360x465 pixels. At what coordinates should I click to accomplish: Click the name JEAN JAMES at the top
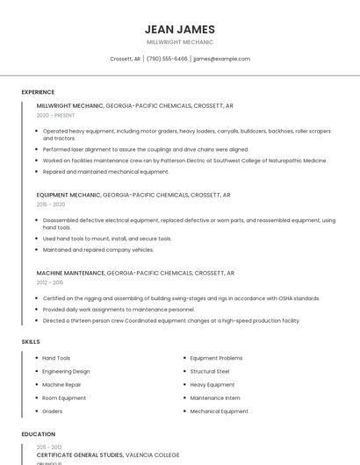click(x=180, y=29)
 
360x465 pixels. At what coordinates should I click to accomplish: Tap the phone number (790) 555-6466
click(x=167, y=59)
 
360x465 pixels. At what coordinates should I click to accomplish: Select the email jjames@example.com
click(x=221, y=59)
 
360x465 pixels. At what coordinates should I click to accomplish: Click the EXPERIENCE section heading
click(x=38, y=92)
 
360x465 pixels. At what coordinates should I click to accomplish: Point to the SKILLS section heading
click(x=31, y=341)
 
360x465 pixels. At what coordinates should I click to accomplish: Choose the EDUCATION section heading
click(x=39, y=434)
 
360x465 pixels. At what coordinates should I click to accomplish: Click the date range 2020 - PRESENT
click(x=55, y=115)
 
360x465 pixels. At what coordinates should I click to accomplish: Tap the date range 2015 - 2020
click(x=51, y=204)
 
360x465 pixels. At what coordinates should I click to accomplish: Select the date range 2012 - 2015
click(x=50, y=283)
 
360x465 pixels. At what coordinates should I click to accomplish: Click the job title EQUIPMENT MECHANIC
click(x=68, y=195)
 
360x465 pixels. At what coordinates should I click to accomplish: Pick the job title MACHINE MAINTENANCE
click(x=71, y=273)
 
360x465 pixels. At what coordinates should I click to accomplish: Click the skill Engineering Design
click(x=66, y=371)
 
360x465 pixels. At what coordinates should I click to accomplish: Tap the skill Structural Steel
click(x=210, y=371)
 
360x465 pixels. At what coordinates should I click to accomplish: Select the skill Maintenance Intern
click(x=215, y=397)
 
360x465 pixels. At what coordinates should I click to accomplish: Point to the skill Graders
click(x=53, y=411)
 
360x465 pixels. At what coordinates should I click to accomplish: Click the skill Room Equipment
click(x=64, y=397)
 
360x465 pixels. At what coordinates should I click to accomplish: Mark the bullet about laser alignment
click(x=145, y=149)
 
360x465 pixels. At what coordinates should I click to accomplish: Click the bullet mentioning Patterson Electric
click(x=184, y=161)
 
